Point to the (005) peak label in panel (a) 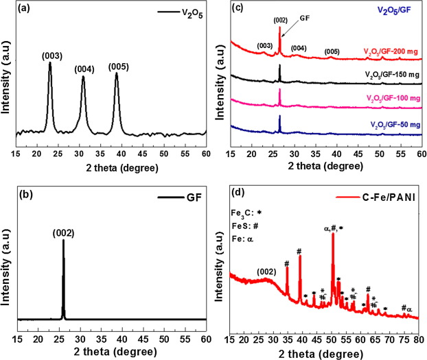(117, 67)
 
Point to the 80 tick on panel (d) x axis (417, 339)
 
